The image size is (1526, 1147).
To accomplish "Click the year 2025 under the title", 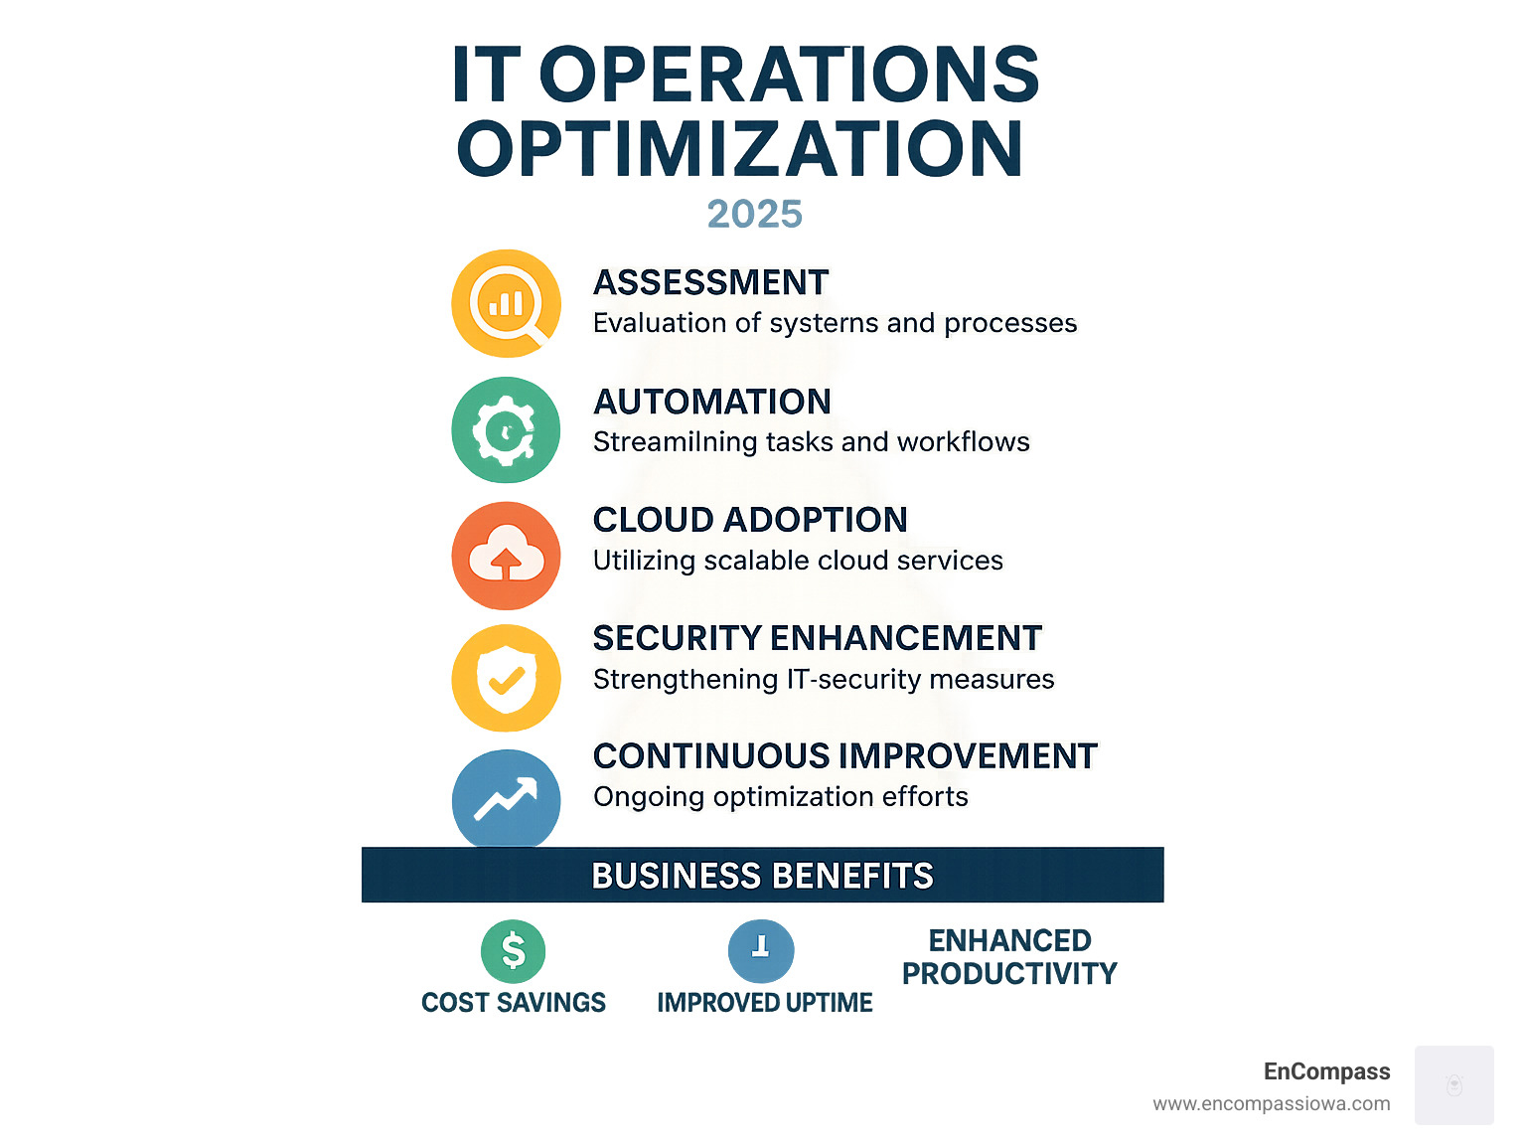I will point(754,214).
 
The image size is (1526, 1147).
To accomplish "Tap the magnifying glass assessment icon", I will point(506,303).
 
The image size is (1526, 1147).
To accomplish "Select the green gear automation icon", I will point(506,429).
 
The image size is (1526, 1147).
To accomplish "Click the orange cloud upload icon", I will point(506,555).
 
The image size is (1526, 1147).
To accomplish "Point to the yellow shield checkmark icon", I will point(506,678).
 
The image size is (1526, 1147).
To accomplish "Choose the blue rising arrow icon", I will point(506,798).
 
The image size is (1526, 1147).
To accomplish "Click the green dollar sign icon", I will point(513,950).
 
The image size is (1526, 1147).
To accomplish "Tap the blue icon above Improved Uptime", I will point(761,950).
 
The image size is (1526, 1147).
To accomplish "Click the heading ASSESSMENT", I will point(710,282).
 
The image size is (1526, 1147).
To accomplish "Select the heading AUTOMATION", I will point(711,402).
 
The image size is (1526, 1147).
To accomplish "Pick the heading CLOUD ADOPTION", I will point(750,520).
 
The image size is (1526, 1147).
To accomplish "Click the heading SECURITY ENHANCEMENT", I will point(817,638).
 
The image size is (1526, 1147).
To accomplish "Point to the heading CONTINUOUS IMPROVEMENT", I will point(844,756).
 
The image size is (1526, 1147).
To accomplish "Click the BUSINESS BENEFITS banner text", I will point(762,876).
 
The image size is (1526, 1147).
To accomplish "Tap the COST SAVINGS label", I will point(513,1002).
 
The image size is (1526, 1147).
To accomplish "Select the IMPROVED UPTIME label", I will point(764,1002).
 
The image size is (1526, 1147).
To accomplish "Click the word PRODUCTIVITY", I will point(1009,973).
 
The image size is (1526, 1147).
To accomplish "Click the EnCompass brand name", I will point(1326,1071).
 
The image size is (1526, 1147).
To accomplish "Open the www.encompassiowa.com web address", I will point(1271,1103).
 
